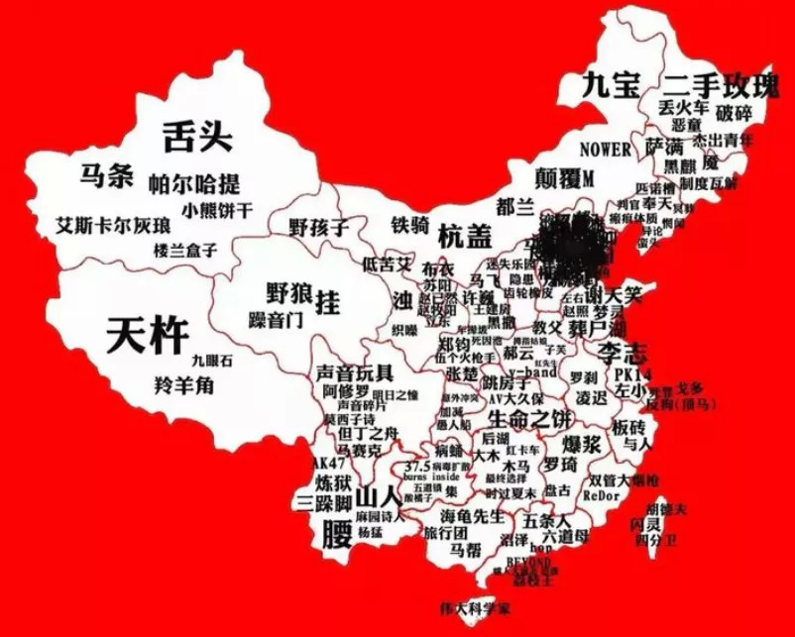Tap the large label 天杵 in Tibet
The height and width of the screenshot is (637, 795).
(x=146, y=336)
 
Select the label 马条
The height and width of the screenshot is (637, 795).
(x=107, y=175)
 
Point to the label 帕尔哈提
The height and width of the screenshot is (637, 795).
(x=193, y=183)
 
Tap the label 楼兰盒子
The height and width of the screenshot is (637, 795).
(x=184, y=251)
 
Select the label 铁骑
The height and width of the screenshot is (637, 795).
(x=409, y=224)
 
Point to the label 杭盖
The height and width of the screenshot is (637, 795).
(x=465, y=236)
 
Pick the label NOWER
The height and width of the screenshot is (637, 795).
(x=605, y=150)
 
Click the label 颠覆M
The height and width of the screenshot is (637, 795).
(x=562, y=179)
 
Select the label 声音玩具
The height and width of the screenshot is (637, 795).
(x=355, y=373)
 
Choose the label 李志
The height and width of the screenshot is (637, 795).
(x=622, y=353)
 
